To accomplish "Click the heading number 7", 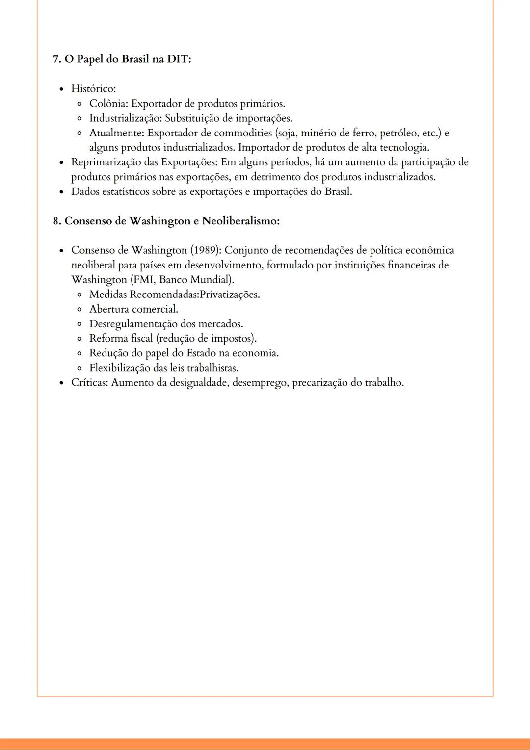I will pyautogui.click(x=56, y=59).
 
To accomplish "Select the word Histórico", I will pyautogui.click(x=93, y=89).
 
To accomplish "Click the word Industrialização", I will pyautogui.click(x=125, y=118).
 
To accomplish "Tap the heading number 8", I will pyautogui.click(x=56, y=221).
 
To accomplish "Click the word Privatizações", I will pyautogui.click(x=229, y=295).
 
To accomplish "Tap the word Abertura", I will pyautogui.click(x=109, y=309).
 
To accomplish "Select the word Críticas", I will pyautogui.click(x=89, y=382).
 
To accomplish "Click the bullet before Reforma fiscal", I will pyautogui.click(x=79, y=339).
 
